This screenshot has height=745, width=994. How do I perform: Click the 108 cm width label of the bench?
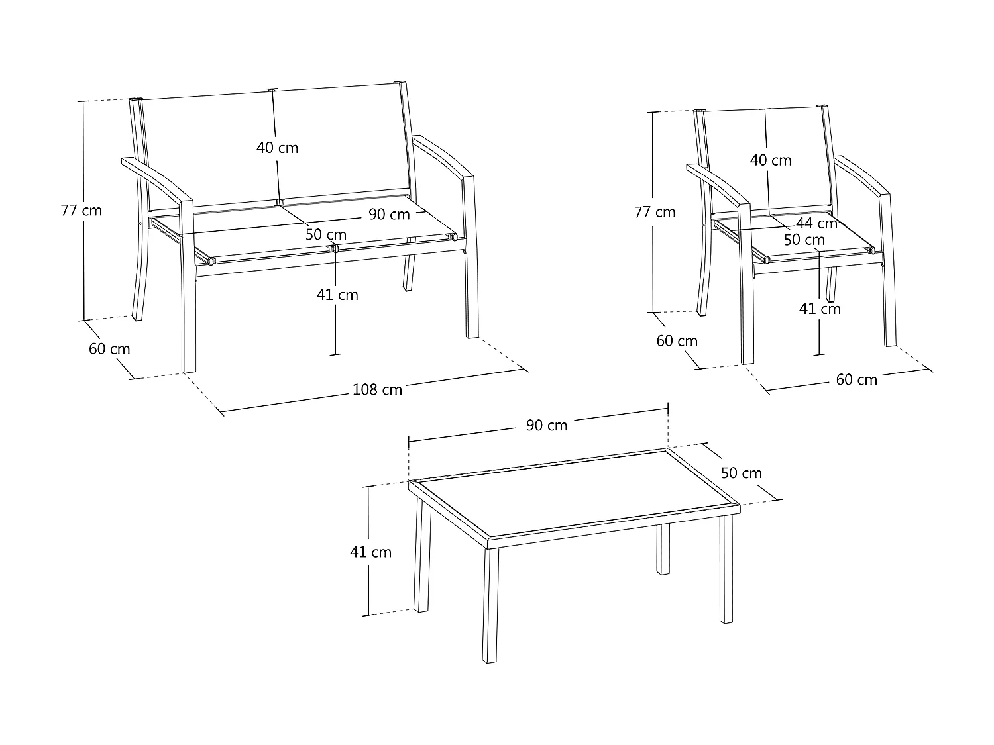pos(377,389)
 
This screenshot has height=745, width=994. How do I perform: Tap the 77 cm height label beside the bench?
pos(82,211)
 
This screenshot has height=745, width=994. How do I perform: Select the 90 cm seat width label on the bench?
pos(389,214)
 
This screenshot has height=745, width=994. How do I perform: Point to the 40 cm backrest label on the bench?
pos(277,148)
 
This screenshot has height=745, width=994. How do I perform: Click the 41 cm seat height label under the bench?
pos(337,295)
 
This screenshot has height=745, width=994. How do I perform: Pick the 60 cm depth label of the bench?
pos(109,349)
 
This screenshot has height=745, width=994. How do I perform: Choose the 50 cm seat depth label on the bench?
pos(326,234)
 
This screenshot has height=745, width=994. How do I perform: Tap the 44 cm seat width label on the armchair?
pos(816,223)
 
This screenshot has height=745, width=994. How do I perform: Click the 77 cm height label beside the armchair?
pos(655,212)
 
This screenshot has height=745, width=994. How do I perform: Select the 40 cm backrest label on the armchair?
pos(771,160)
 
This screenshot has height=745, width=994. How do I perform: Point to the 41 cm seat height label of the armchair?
pos(820,309)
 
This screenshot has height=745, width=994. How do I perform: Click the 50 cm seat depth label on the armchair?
pos(804,240)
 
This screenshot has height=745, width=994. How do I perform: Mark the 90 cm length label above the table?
pos(547,425)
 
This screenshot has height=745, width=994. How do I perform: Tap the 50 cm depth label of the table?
pos(742,473)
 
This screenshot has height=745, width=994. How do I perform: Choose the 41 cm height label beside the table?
pos(370,552)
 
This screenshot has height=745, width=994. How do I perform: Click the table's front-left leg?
pos(490,605)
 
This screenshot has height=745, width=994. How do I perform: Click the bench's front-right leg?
pos(470,257)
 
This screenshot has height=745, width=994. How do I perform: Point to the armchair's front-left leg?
pos(746,284)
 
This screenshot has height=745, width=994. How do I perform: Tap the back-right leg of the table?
pos(663,549)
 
